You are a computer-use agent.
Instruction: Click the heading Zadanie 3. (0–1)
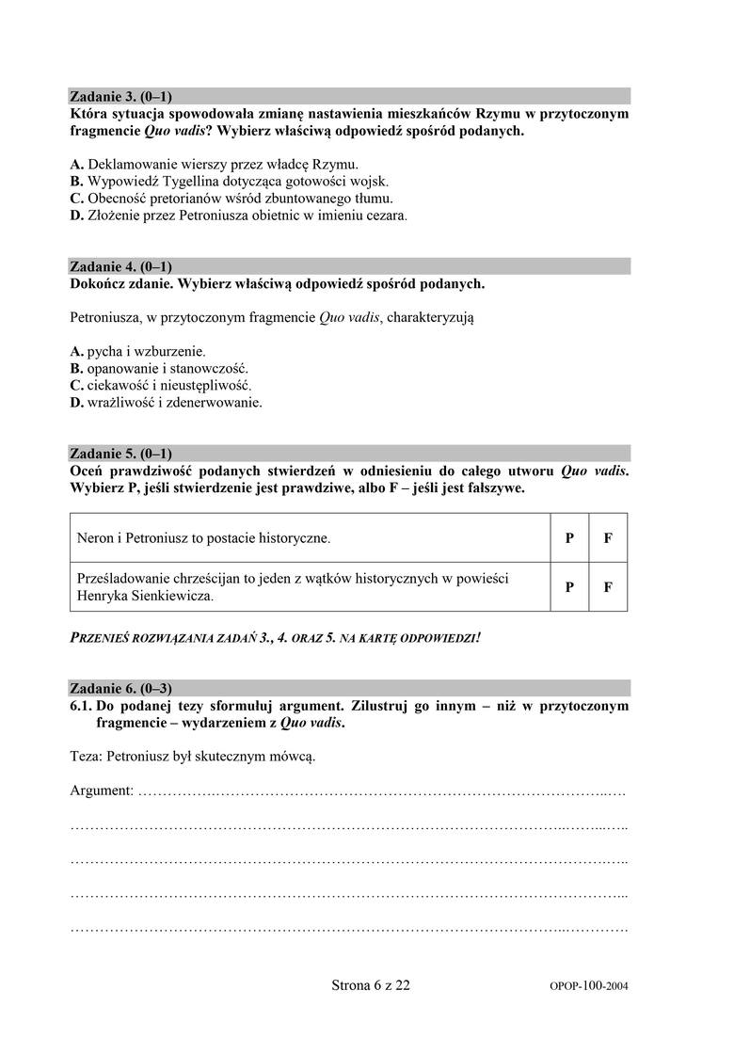(121, 96)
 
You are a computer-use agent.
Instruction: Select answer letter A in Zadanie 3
(77, 162)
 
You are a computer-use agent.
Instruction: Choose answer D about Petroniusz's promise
(77, 216)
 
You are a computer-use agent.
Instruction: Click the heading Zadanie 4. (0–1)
(121, 266)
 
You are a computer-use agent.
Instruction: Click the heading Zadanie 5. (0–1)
(121, 453)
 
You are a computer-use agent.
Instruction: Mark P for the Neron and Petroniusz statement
(569, 539)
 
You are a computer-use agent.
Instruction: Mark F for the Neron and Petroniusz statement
(608, 539)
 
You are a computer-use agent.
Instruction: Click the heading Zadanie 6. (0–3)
(121, 687)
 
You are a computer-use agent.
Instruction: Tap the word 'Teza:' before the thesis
(87, 755)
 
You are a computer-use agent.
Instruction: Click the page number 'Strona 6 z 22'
(371, 985)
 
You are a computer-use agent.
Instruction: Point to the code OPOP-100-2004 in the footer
(588, 987)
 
